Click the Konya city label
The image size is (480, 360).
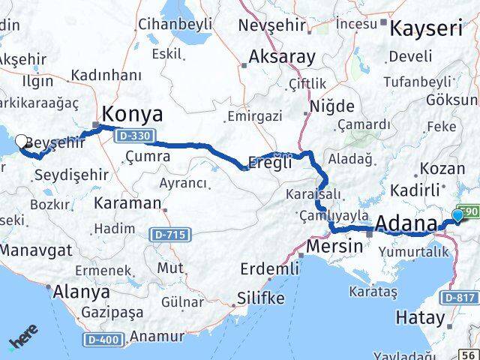click(132, 115)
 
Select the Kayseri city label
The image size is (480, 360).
click(430, 28)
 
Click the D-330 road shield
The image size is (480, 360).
click(137, 134)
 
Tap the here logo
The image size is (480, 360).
click(25, 338)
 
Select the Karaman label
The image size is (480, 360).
click(128, 202)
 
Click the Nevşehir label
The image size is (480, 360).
click(272, 25)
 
